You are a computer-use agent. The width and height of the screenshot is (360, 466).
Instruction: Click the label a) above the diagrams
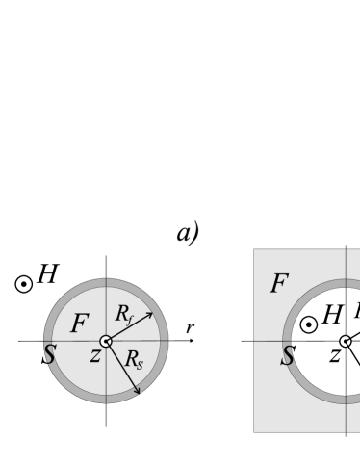[187, 233]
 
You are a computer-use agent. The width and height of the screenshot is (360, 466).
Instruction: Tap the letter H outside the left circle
[46, 274]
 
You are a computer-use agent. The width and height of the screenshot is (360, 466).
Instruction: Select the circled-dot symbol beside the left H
[23, 284]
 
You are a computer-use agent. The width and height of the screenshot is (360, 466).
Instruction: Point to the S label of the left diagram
[48, 354]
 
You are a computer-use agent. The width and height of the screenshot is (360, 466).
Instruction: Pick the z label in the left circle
[95, 355]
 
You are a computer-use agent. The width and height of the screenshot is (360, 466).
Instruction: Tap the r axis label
[190, 330]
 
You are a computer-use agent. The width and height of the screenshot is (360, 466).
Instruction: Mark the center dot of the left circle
[106, 341]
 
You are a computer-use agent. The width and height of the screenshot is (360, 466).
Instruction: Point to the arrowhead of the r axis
[194, 341]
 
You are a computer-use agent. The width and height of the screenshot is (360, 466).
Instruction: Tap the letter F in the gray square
[279, 284]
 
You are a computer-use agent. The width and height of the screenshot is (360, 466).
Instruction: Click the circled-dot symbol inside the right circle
[308, 324]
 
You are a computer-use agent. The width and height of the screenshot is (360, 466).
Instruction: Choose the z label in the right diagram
[333, 355]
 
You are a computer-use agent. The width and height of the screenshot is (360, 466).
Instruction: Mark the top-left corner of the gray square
[254, 250]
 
